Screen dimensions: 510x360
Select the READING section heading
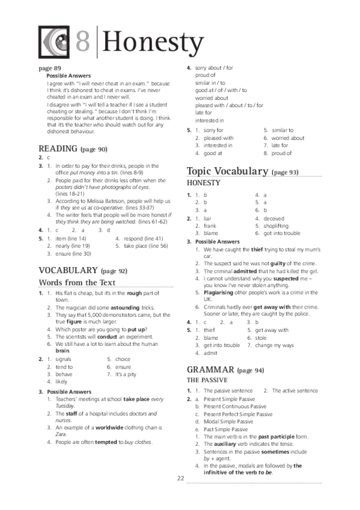pyautogui.click(x=58, y=149)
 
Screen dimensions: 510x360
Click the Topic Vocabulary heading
pyautogui.click(x=227, y=171)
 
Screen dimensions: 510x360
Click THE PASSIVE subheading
pyautogui.click(x=207, y=381)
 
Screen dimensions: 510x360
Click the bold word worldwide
pyautogui.click(x=106, y=425)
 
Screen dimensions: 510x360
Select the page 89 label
pyautogui.click(x=50, y=68)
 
